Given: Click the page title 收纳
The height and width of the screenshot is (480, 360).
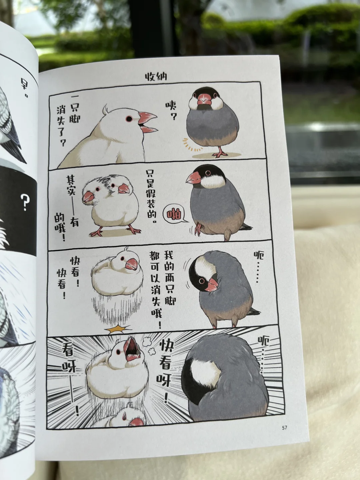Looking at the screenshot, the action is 156,77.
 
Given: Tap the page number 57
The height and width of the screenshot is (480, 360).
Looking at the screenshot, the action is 284,428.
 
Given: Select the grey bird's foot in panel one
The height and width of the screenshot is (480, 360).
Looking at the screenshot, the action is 220,153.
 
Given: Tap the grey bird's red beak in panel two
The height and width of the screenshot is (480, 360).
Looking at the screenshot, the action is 194,178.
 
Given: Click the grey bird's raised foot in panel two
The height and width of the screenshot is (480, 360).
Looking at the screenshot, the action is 198,229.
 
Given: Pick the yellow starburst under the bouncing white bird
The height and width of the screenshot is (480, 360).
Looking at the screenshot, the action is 118,329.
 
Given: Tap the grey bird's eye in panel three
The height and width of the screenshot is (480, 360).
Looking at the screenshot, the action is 202,281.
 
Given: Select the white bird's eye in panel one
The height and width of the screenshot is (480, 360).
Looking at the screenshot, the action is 129,119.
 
